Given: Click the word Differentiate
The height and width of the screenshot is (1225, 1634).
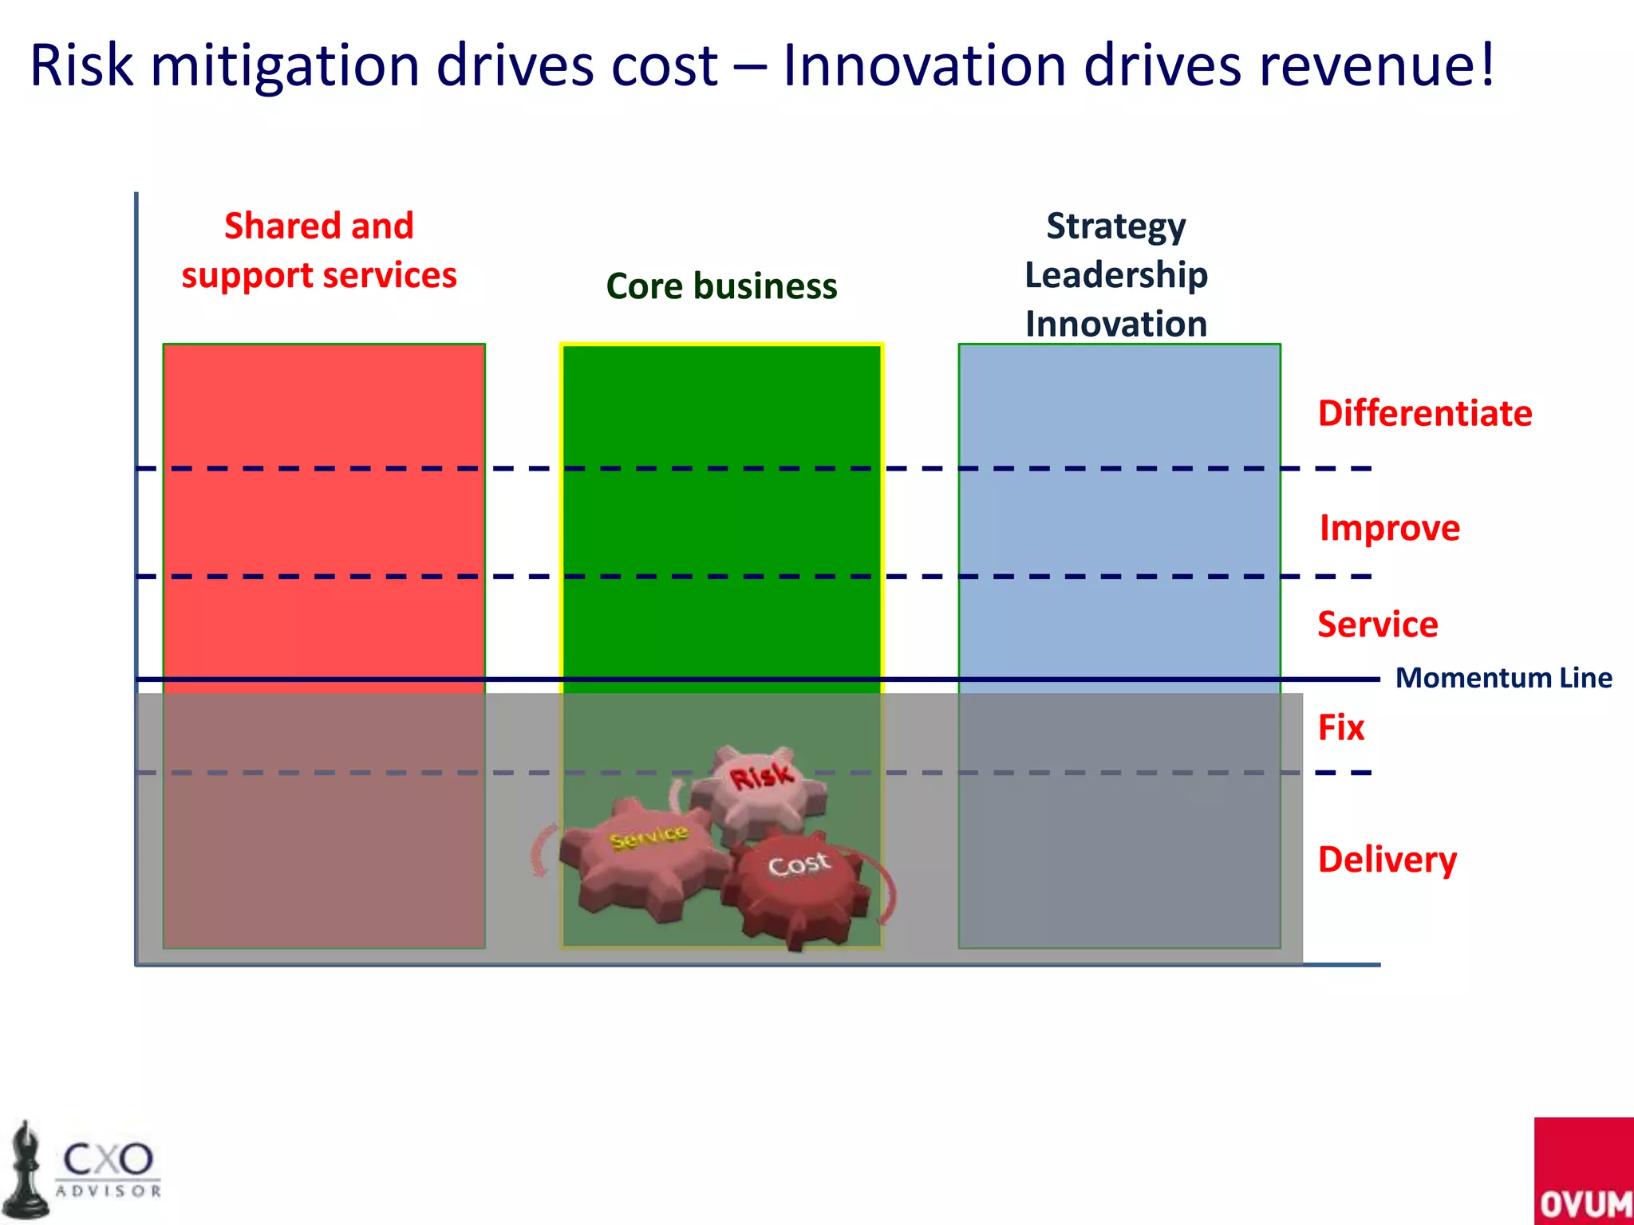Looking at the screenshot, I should click(x=1425, y=413).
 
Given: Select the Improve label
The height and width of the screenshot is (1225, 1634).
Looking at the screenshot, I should click(x=1390, y=528).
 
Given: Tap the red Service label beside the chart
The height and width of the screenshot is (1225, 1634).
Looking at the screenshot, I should click(x=1378, y=624).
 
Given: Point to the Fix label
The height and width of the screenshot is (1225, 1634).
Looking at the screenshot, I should click(x=1341, y=727).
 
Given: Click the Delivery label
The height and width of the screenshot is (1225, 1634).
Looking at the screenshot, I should click(x=1387, y=860).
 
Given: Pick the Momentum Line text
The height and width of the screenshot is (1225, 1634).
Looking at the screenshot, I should click(x=1504, y=678).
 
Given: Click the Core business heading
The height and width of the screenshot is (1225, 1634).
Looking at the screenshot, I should click(x=721, y=286).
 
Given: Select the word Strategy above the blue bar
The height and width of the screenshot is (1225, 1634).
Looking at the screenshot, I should click(x=1116, y=226).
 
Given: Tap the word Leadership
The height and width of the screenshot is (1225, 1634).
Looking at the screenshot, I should click(x=1116, y=275).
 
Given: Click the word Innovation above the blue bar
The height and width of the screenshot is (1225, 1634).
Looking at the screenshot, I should click(x=1116, y=324).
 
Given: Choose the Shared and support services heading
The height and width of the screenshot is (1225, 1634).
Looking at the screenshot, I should click(x=319, y=250).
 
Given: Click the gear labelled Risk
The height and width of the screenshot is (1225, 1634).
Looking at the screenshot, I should click(x=760, y=786).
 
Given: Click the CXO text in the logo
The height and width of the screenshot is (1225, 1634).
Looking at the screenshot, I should click(x=108, y=1158).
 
